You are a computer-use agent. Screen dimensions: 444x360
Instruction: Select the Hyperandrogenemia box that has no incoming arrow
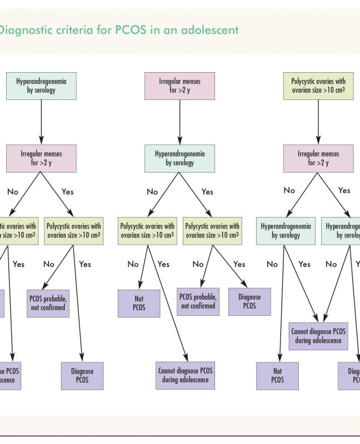[41, 85]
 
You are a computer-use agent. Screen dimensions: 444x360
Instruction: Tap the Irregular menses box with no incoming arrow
[179, 85]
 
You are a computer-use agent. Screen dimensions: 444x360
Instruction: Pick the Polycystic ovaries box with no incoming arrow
[318, 85]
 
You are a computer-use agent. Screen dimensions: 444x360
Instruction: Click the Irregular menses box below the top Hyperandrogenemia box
[41, 158]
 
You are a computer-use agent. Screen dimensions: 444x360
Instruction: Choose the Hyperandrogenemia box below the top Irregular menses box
[179, 158]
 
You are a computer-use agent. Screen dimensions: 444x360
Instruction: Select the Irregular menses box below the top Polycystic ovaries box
[318, 158]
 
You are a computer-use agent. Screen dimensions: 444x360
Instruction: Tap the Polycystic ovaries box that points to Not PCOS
[147, 230]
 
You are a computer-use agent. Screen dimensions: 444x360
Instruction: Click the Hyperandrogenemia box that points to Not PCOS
[286, 230]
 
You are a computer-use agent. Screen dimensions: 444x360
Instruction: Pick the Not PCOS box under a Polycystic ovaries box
[139, 302]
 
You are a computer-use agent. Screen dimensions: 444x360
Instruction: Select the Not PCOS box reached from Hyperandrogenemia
[277, 376]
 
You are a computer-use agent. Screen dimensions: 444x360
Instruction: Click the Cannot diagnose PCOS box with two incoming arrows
[318, 336]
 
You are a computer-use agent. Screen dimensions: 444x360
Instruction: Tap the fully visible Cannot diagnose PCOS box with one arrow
[186, 376]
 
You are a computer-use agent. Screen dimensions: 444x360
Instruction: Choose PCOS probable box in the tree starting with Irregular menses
[198, 301]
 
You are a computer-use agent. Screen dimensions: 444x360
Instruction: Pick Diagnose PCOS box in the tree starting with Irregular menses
[249, 301]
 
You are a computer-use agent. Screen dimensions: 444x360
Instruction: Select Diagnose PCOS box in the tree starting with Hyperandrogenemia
[82, 376]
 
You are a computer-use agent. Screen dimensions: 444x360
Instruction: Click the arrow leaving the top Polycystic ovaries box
[318, 122]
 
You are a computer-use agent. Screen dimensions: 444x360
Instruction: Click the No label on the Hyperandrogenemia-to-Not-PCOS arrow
[272, 264]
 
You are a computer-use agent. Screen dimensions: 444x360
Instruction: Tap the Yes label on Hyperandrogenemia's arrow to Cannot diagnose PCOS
[304, 264]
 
